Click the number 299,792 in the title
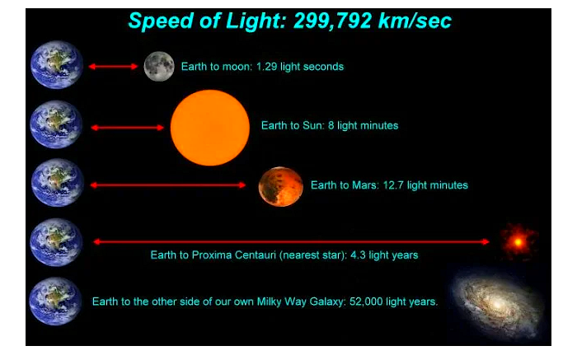(333, 21)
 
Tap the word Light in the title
(256, 21)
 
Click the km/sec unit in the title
(415, 21)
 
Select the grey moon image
(159, 66)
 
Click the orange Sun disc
(209, 128)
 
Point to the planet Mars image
(281, 186)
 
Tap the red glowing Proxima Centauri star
(518, 242)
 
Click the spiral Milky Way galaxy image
(497, 305)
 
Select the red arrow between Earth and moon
(113, 67)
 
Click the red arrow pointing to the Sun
(127, 128)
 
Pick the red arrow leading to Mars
(168, 185)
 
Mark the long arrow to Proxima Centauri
(292, 241)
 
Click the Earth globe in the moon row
(57, 65)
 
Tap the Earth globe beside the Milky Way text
(55, 302)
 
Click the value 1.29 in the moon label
(266, 67)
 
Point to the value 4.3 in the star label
(358, 255)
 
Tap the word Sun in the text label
(312, 125)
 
